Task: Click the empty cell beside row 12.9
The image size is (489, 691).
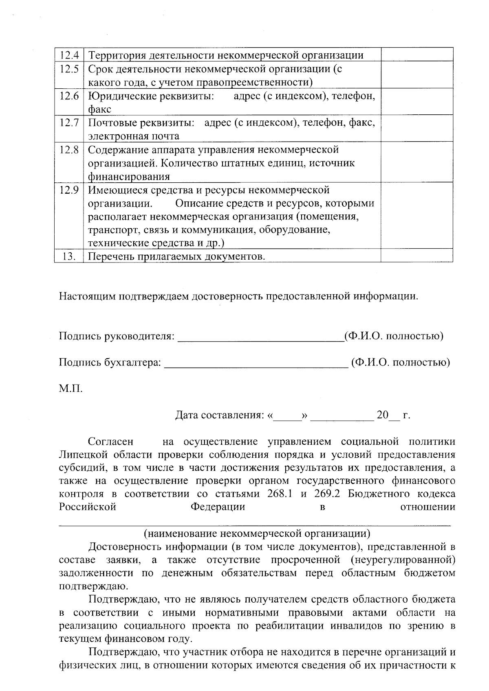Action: (416, 216)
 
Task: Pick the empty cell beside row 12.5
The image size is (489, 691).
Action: (416, 75)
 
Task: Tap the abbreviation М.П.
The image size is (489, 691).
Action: (70, 389)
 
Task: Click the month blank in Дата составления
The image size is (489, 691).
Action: (341, 416)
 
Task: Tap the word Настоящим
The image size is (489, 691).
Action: (87, 296)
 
